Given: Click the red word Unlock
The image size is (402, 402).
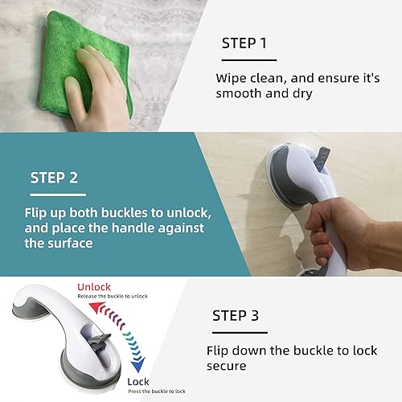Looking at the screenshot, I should pos(96,287).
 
